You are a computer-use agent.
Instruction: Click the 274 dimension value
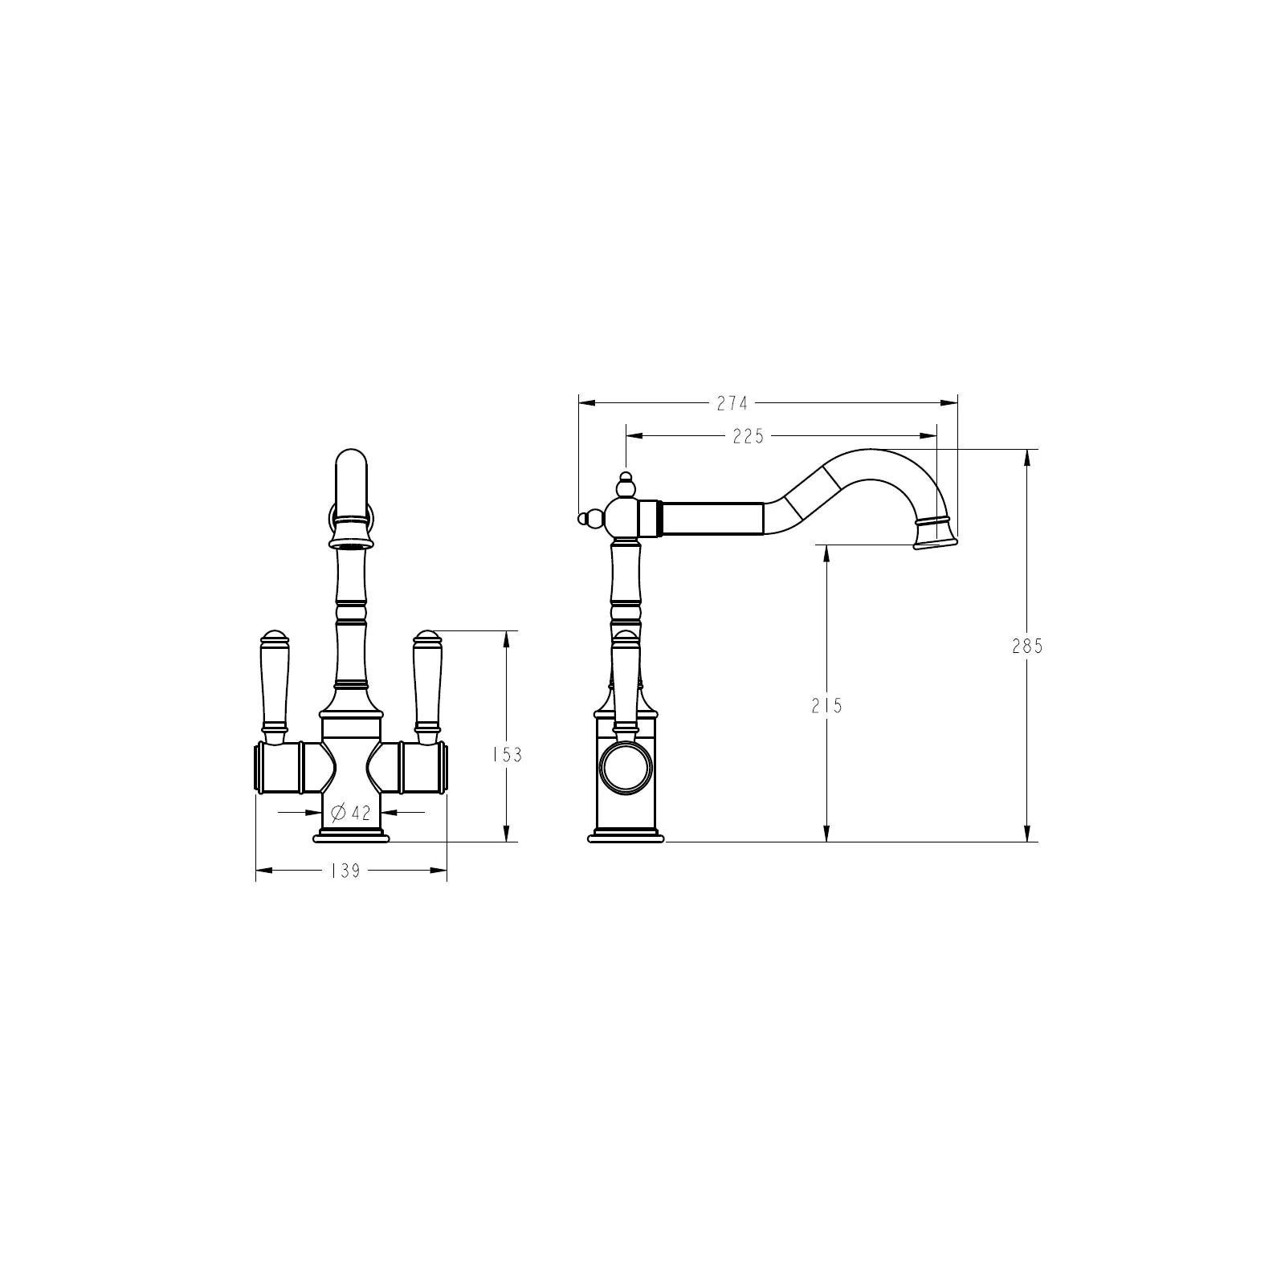click(x=732, y=403)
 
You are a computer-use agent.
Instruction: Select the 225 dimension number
click(x=748, y=436)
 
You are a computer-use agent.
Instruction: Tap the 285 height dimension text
click(x=1027, y=645)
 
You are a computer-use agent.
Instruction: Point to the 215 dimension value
click(x=826, y=706)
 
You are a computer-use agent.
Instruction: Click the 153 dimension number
click(x=507, y=754)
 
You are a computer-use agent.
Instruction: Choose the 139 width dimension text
click(x=345, y=870)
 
